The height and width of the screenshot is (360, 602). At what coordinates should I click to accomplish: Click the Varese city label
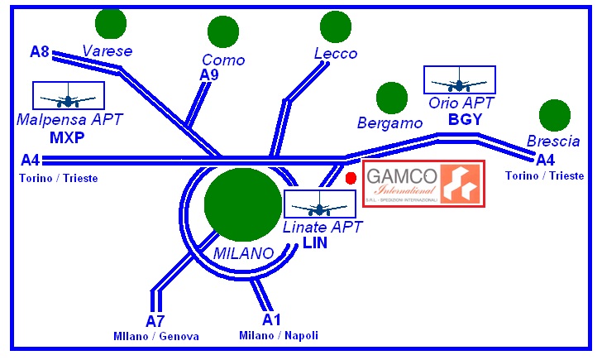[x=107, y=51]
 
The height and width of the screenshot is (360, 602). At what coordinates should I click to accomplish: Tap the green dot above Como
[x=222, y=31]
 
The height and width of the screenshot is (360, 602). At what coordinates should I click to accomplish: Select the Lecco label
[x=336, y=54]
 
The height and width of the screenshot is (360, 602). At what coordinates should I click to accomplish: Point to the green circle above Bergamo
[x=392, y=98]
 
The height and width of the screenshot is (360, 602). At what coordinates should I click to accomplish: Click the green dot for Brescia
[x=554, y=115]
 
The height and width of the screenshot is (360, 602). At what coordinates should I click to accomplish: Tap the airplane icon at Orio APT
[x=459, y=81]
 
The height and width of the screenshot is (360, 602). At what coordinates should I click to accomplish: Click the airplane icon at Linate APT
[x=319, y=204]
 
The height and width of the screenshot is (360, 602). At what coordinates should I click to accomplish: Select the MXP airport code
[x=68, y=137]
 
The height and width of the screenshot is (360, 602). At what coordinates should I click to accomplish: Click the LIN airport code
[x=315, y=243]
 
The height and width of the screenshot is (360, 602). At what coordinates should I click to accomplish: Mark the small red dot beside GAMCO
[x=351, y=178]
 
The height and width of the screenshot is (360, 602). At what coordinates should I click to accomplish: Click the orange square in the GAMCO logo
[x=461, y=184]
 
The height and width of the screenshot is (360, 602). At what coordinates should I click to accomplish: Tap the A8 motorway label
[x=40, y=52]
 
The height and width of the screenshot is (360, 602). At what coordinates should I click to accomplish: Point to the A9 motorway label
[x=209, y=75]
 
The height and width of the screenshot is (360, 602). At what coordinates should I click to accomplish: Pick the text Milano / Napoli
[x=279, y=335]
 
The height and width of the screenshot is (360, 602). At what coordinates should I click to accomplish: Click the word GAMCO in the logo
[x=401, y=176]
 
